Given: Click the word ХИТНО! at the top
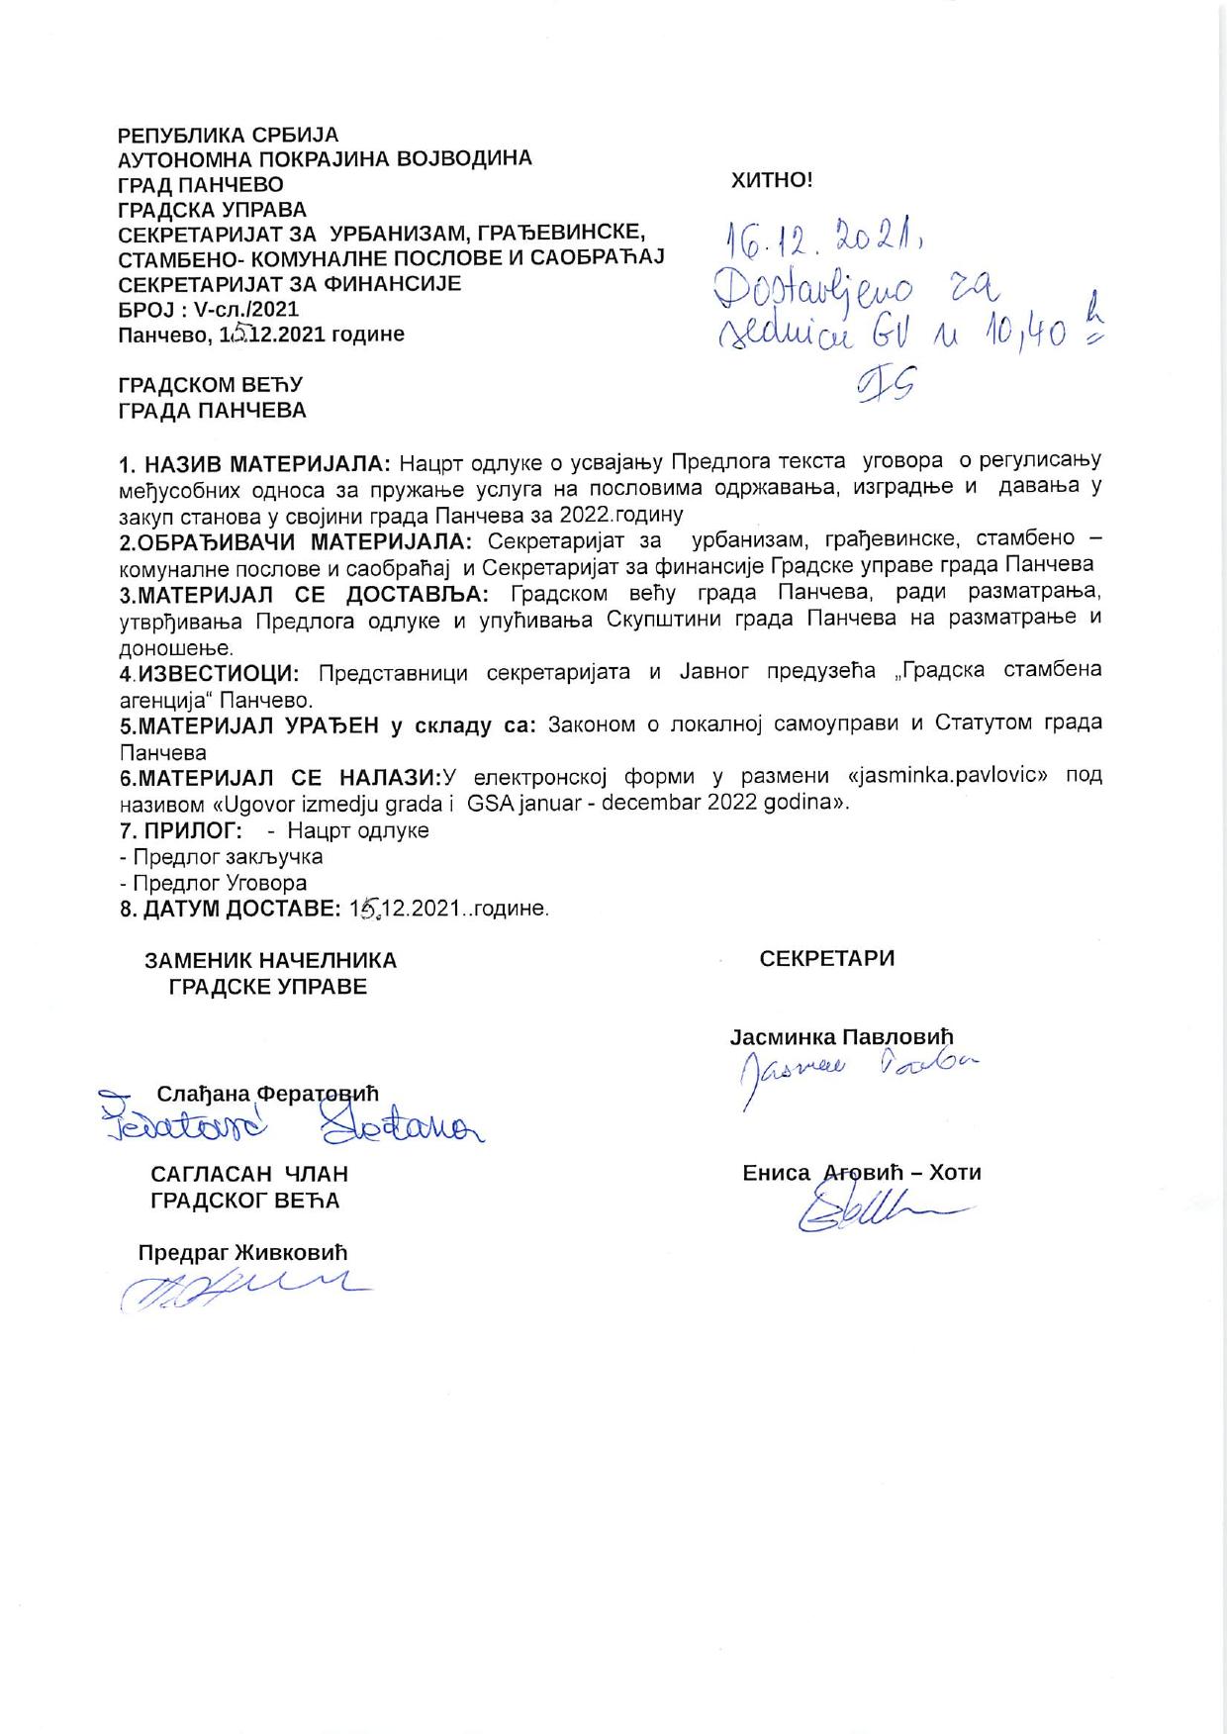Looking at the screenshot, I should [771, 180].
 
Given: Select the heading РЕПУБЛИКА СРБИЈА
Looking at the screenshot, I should [228, 135].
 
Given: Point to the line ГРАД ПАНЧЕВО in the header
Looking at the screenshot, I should [200, 185].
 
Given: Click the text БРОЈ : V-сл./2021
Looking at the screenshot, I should [208, 309].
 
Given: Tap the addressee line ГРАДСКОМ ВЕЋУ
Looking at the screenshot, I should [210, 384].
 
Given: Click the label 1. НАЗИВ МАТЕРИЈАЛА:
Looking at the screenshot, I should [255, 462].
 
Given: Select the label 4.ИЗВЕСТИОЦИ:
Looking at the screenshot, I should [209, 672].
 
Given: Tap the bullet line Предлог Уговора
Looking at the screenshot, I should [213, 883].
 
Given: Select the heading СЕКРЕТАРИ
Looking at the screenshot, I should [826, 958].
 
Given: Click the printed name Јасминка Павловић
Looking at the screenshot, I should [841, 1037].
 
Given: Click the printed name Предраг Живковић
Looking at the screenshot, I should [242, 1252].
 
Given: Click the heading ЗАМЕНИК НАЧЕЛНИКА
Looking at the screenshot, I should [270, 960].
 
